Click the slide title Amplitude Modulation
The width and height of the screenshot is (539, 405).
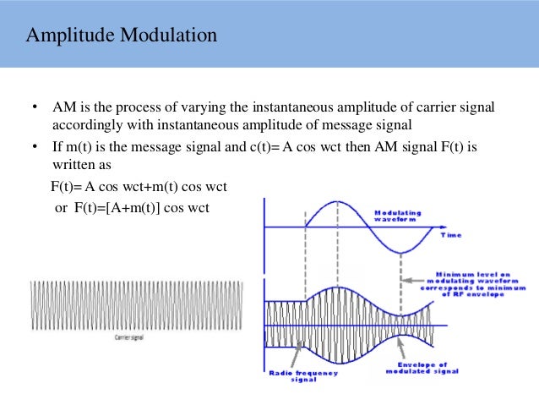(122, 36)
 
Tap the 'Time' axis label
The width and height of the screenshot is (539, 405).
(452, 235)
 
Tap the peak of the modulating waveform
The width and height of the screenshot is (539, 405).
(337, 202)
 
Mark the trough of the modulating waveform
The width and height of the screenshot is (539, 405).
(400, 253)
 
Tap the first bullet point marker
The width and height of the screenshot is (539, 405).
(35, 108)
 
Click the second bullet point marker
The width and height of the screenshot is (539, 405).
(35, 147)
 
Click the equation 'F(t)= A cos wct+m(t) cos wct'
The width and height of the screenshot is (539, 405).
(139, 186)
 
